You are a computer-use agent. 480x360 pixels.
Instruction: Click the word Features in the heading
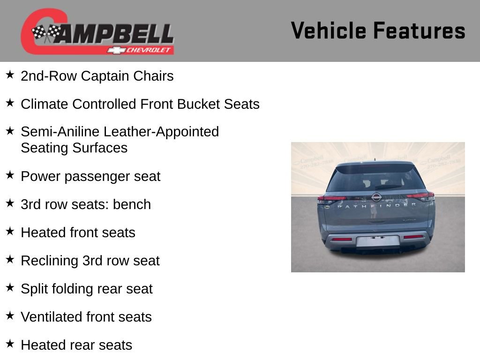[x=419, y=31]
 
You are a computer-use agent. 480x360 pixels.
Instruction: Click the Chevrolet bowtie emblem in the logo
[x=114, y=50]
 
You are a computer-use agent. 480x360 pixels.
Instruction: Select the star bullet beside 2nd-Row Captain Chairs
[x=10, y=75]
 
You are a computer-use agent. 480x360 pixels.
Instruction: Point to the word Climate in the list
[x=45, y=104]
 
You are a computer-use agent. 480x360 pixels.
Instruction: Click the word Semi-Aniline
[x=60, y=132]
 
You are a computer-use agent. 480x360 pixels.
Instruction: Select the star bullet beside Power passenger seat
[x=10, y=175]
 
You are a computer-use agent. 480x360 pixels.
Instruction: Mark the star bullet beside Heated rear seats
[x=10, y=344]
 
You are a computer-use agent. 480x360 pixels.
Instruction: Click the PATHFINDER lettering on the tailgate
[x=376, y=206]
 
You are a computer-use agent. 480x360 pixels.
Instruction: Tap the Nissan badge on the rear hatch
[x=376, y=197]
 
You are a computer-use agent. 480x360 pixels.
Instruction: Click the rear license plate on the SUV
[x=377, y=241]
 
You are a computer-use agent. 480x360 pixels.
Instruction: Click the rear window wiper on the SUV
[x=387, y=187]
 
